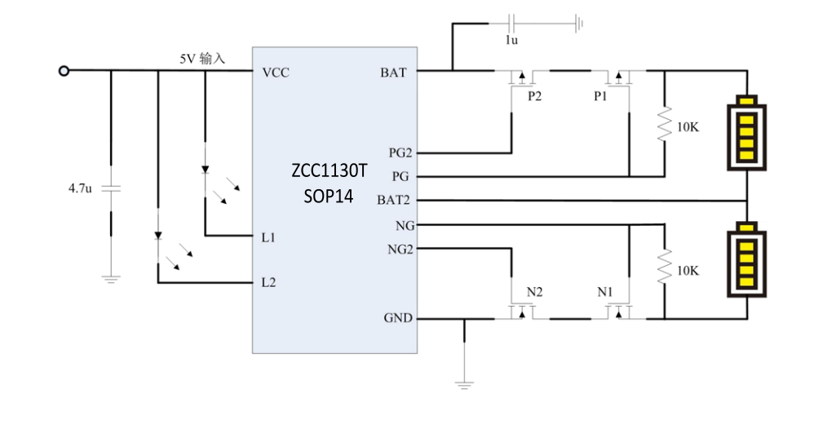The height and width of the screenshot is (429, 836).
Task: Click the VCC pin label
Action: [276, 73]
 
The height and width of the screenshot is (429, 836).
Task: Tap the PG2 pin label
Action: [400, 153]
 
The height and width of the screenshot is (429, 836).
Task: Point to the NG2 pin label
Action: [400, 250]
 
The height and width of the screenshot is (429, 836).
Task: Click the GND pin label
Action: [398, 318]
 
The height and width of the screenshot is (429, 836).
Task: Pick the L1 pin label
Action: [268, 237]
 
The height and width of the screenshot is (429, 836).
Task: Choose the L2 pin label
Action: [268, 282]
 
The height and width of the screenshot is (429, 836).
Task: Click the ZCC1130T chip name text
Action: [330, 171]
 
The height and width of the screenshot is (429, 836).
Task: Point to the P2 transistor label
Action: [534, 96]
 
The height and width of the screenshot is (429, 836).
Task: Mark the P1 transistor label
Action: [601, 96]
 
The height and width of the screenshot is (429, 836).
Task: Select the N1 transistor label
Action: [604, 291]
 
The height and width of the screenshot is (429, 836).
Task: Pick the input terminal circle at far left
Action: [63, 71]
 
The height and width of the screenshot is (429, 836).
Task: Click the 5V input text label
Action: [202, 60]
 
